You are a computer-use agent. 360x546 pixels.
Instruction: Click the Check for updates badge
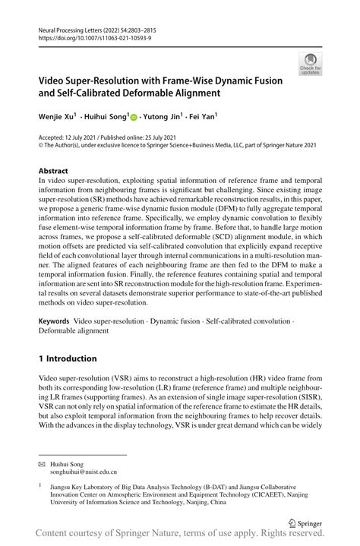(309, 64)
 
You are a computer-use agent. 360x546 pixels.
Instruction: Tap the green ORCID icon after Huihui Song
(134, 118)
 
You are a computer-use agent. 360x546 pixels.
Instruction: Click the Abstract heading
(53, 172)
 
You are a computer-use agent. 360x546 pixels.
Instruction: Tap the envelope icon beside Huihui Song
(43, 462)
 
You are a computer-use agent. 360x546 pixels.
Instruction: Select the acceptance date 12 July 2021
(90, 137)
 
